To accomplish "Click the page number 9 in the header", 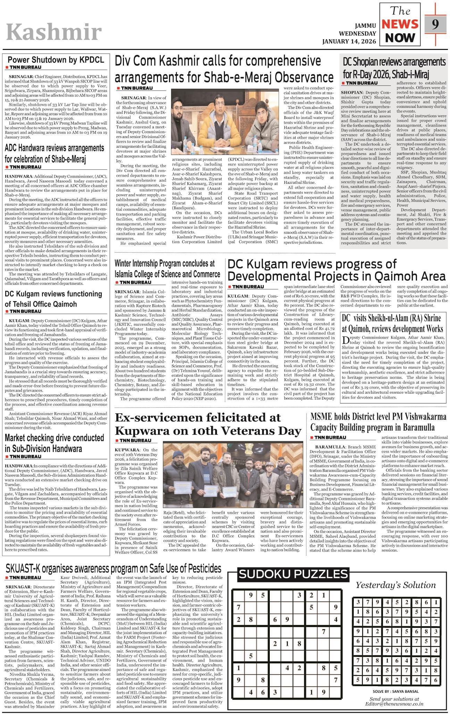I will click(436, 24).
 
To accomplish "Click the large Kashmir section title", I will click(54, 33).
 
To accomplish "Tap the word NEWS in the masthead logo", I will click(400, 24).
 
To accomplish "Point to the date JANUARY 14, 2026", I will click(349, 41).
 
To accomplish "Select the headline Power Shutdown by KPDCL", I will click(56, 60).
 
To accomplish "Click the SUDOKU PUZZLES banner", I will click(293, 574).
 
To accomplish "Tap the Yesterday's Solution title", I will click(395, 585).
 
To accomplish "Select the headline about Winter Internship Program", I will click(167, 268).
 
